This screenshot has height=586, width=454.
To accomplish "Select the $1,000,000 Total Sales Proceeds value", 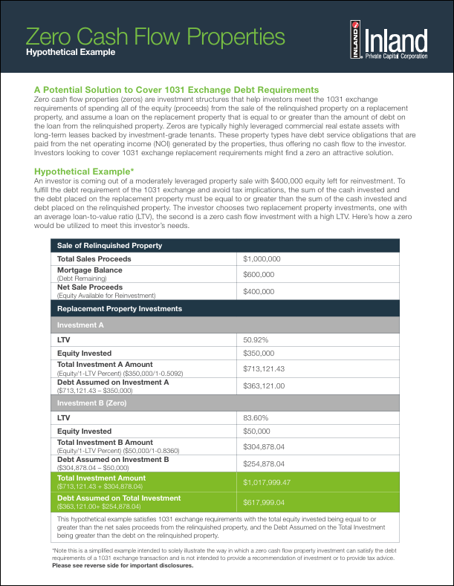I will coord(262,259).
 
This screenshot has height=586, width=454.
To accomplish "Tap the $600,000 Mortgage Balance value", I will coord(259,274).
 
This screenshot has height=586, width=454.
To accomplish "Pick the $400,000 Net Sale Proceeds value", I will coord(259,291).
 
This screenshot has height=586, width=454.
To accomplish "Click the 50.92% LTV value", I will coord(257,339).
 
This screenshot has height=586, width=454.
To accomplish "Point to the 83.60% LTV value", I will coord(257,418).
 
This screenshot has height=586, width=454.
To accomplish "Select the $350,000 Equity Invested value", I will coord(259,354).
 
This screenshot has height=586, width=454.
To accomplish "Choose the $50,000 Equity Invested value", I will coord(257,432).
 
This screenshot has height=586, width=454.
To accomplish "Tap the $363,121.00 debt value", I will coord(265,386).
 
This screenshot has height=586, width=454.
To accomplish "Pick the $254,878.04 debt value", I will coord(265,464).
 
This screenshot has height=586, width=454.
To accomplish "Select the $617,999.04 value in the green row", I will coord(265,502).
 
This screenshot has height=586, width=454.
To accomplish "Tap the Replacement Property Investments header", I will coord(109,308).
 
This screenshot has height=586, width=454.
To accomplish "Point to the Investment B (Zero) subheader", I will coord(92,403).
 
